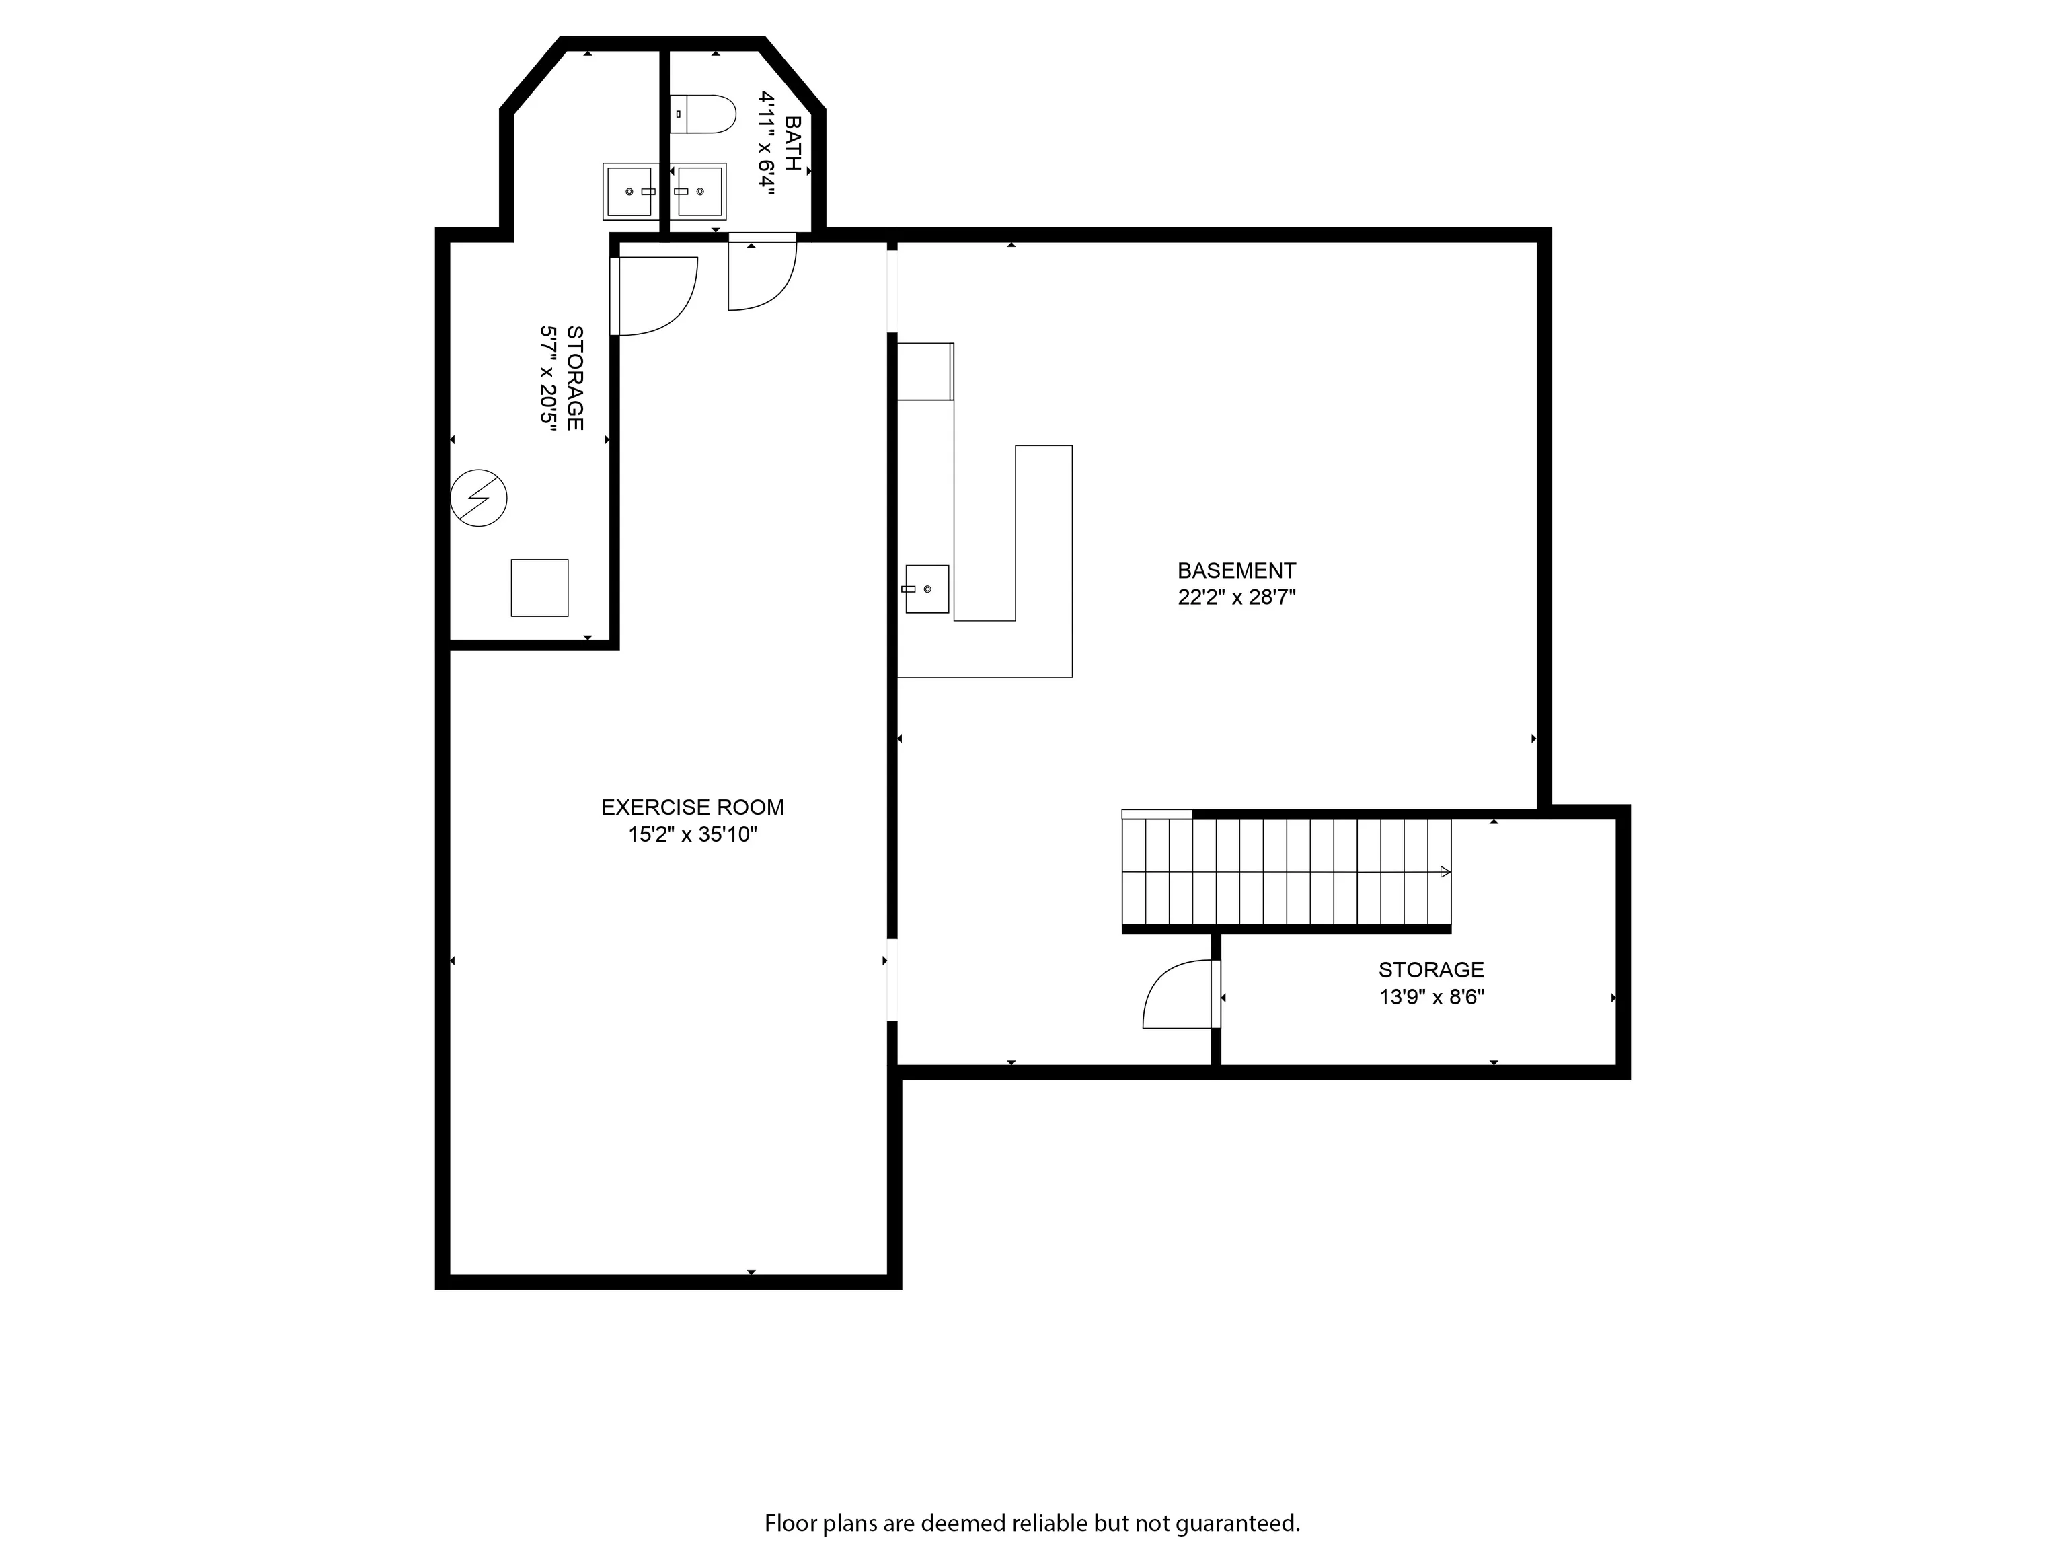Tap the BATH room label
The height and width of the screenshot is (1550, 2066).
point(793,143)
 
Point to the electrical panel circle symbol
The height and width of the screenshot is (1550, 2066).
point(478,498)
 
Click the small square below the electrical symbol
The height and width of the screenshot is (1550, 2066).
point(539,588)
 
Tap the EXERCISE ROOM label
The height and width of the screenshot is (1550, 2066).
point(692,807)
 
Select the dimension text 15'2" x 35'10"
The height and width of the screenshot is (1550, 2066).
point(692,834)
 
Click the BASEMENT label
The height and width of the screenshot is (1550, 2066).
point(1237,570)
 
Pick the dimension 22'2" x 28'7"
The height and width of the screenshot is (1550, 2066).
point(1237,597)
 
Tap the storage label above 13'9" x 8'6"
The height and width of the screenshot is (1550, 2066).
point(1431,970)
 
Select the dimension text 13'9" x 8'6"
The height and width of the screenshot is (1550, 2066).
point(1432,997)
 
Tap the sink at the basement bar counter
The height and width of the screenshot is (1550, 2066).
point(927,589)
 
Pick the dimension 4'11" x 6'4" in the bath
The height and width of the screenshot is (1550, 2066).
point(767,143)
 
